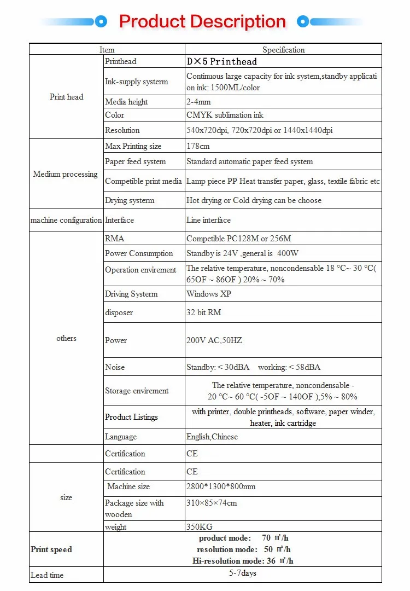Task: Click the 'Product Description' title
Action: [202, 22]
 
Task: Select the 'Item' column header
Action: [107, 50]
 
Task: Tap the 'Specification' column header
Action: [283, 50]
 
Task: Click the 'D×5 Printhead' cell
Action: [221, 62]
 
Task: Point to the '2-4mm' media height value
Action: [198, 102]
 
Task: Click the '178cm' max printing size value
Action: [198, 146]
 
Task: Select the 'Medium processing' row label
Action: [65, 174]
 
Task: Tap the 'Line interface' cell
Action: [208, 220]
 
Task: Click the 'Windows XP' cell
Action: [209, 294]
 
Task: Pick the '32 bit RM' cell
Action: [203, 312]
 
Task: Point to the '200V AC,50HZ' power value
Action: [214, 340]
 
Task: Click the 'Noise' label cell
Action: [115, 367]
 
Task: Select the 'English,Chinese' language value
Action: [213, 437]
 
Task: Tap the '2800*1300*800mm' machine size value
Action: [221, 486]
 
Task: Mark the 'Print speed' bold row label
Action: [51, 549]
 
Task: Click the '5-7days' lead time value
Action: [243, 573]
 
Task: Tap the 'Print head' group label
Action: [66, 97]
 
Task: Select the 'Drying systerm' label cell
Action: [130, 200]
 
